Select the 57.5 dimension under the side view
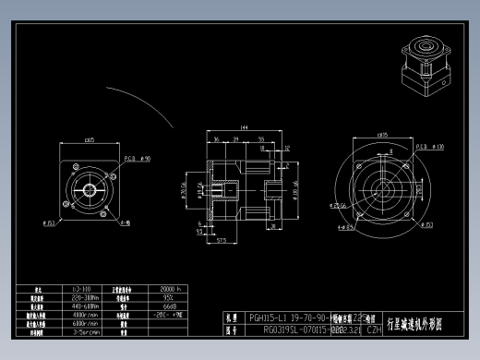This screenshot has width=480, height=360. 222,238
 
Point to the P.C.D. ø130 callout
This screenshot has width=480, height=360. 429,146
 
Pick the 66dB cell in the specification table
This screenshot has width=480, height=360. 170,306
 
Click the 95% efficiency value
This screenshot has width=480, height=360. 169,297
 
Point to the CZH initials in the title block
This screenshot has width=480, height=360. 374,328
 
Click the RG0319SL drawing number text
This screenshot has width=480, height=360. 295,328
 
